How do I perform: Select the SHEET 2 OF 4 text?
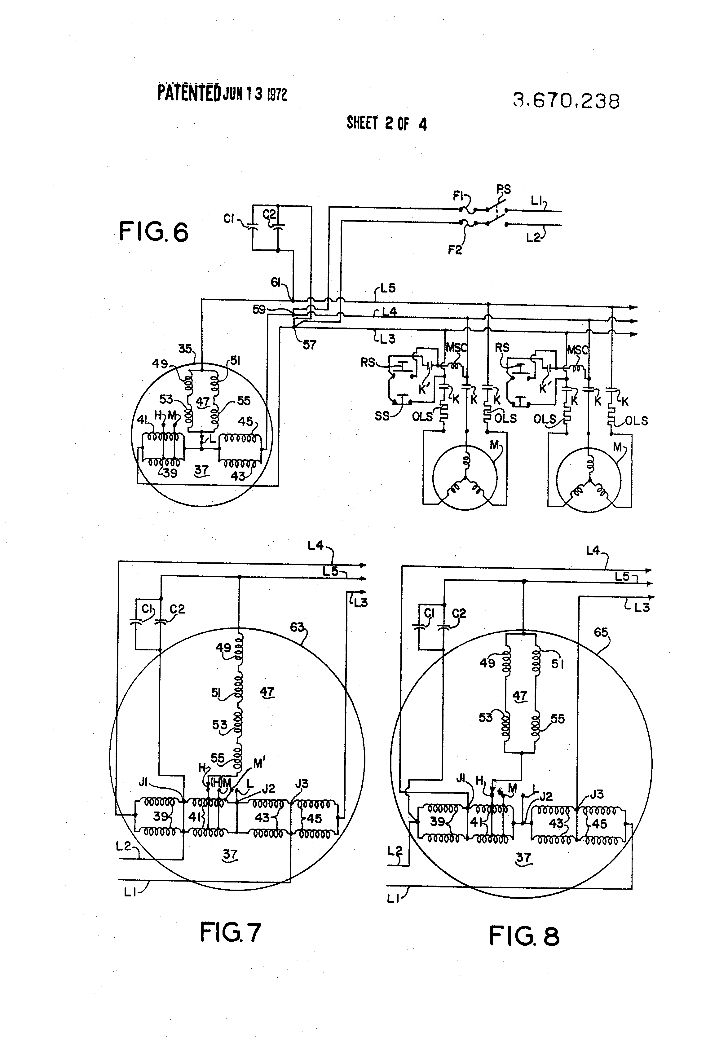click(386, 124)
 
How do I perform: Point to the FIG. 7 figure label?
click(231, 932)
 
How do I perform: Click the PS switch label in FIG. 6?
click(503, 190)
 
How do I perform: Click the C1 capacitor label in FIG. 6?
click(229, 219)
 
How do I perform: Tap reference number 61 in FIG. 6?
click(277, 283)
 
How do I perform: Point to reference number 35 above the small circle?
click(184, 349)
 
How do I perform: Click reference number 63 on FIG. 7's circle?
click(297, 627)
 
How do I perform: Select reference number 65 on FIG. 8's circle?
click(601, 632)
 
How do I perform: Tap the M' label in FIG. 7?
click(259, 764)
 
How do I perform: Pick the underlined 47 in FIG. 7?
click(267, 692)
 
